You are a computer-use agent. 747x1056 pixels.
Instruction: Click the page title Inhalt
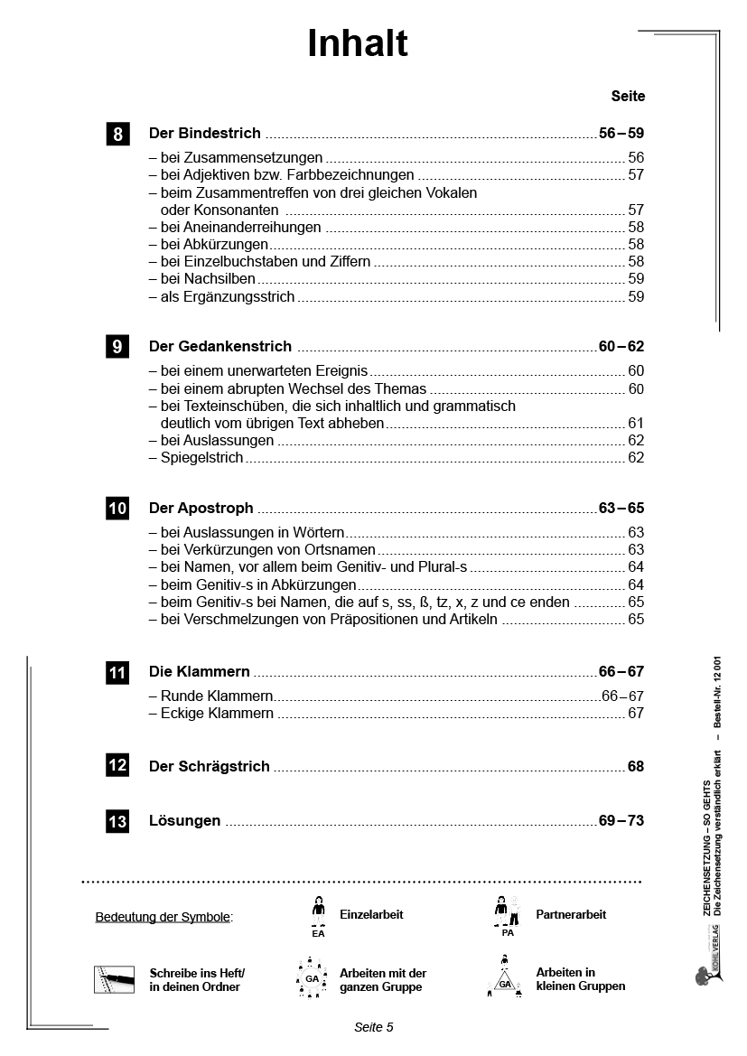coord(358,43)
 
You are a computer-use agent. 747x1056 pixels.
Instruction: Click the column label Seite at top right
coord(628,96)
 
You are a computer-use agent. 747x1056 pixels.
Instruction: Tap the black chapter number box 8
coord(117,135)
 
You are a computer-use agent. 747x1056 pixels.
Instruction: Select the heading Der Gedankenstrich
coord(219,346)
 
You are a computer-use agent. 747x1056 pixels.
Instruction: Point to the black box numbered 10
coord(117,509)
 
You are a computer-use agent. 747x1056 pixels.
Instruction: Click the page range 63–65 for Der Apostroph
coord(621,509)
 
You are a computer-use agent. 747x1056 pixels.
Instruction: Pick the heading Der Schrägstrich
coord(209,766)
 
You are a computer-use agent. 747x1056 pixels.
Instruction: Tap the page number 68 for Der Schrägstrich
coord(636,766)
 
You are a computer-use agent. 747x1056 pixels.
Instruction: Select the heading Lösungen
coord(184,821)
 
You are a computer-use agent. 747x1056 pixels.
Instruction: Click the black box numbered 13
coord(117,822)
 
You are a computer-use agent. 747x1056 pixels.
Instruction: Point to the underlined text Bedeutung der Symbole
coord(163,918)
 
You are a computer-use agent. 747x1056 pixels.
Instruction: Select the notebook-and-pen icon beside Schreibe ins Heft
coord(114,979)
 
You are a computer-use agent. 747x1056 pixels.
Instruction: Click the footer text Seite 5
coord(373,1027)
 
